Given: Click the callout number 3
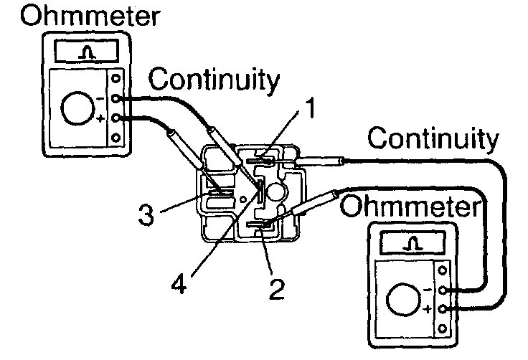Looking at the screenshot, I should pos(146,214).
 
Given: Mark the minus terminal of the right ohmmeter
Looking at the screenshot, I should pos(444,290).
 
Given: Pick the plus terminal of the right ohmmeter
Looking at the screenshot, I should pos(444,309).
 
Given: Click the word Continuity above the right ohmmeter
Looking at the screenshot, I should pos(431,138).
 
